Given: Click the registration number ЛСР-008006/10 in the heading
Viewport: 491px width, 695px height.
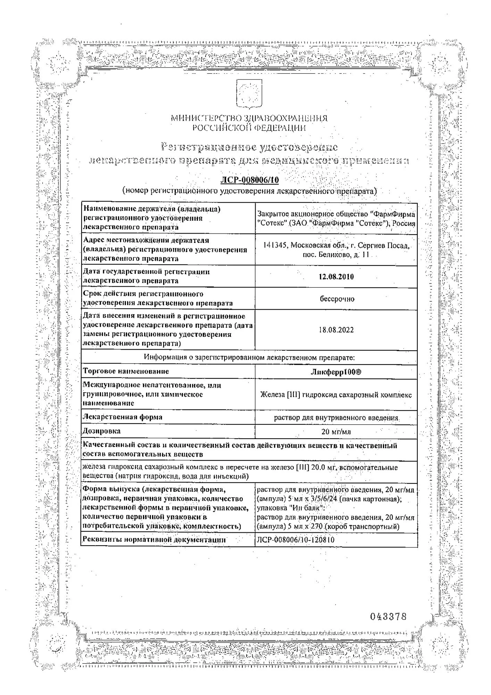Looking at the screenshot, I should (250, 180).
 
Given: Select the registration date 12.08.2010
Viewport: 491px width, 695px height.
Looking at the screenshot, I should (336, 277).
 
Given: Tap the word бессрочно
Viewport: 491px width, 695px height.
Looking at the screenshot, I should (337, 299).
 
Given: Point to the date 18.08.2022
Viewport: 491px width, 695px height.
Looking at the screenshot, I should (336, 330).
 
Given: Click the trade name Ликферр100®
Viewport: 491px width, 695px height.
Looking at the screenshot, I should (336, 372).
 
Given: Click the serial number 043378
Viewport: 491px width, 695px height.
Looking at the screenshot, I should (388, 616).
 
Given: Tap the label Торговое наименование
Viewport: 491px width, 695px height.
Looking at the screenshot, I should (126, 371).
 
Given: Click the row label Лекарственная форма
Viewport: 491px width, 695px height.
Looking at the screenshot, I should (123, 417).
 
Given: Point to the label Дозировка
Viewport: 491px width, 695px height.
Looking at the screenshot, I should (101, 431).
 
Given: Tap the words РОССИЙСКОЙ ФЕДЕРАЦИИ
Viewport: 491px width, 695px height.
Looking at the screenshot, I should (249, 128).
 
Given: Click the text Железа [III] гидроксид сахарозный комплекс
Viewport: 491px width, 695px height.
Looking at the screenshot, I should (336, 395).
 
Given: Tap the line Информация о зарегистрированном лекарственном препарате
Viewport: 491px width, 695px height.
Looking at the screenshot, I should (249, 357).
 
